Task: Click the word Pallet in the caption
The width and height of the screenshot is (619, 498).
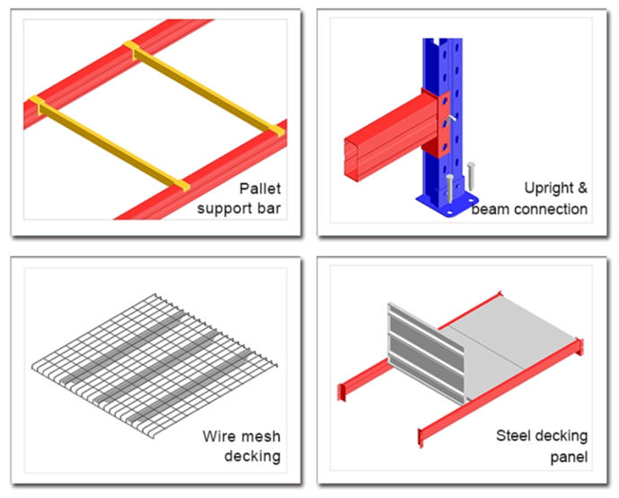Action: [x=259, y=190]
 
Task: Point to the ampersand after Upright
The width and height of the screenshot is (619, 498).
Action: [x=582, y=189]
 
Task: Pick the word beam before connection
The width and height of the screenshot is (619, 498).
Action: [x=490, y=209]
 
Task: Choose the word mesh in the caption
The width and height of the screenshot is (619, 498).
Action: [x=261, y=437]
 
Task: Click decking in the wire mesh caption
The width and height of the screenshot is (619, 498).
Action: [x=253, y=456]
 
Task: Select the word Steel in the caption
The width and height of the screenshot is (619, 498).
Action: [x=515, y=437]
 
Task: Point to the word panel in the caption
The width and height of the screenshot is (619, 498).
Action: [x=569, y=457]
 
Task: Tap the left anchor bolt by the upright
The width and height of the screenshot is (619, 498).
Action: [x=449, y=187]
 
